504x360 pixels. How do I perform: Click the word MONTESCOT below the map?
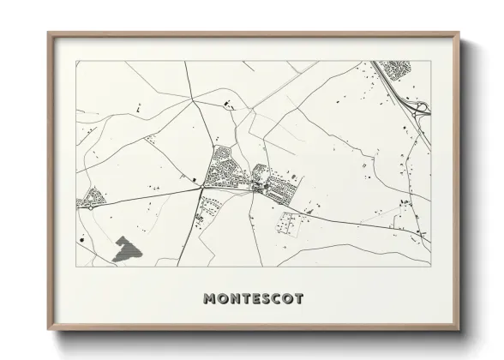point(253,299)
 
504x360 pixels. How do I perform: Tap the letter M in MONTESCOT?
point(210,299)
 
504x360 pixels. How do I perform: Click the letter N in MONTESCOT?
point(232,299)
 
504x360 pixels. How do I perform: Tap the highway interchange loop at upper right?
point(419,107)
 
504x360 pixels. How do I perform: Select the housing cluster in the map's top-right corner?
point(394,68)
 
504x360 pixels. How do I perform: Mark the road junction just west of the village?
point(201,186)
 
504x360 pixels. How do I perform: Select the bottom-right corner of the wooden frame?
point(459,330)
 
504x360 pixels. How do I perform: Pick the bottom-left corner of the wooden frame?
point(49,330)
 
